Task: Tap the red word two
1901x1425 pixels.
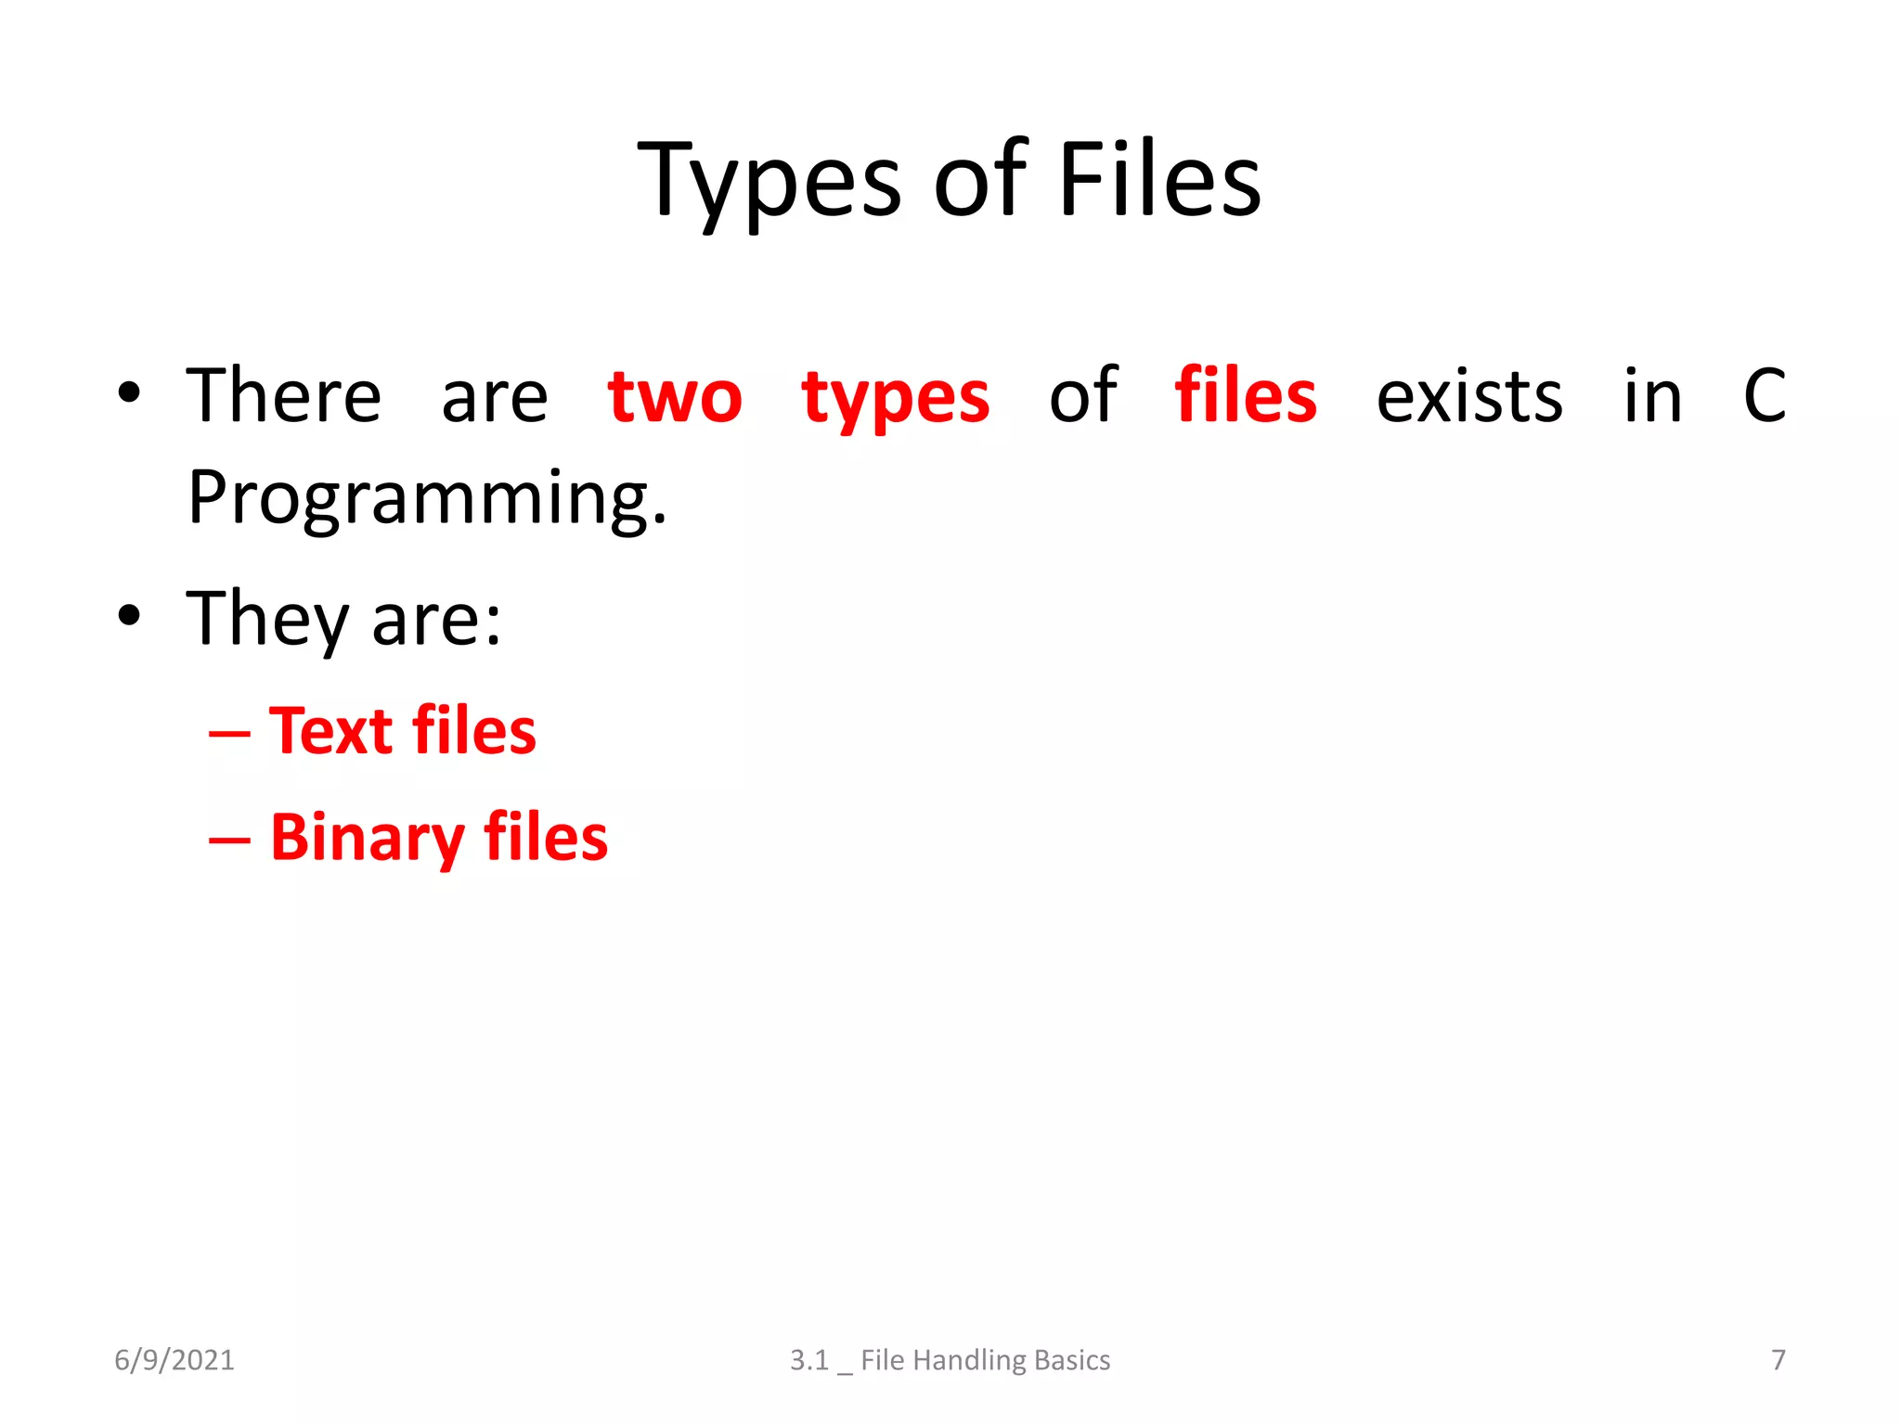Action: [x=675, y=398]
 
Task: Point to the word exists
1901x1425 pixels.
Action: [x=1469, y=398]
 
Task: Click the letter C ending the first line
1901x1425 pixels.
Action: [x=1764, y=396]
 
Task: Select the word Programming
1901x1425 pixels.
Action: [x=427, y=499]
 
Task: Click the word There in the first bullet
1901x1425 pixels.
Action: [x=284, y=396]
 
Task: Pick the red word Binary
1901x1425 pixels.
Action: [x=368, y=839]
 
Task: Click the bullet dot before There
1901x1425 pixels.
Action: [x=129, y=392]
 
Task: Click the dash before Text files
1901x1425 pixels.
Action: [x=229, y=735]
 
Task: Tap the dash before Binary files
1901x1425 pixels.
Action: [x=229, y=841]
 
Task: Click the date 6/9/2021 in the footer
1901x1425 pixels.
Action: [x=175, y=1360]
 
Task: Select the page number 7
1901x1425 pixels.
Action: [x=1778, y=1360]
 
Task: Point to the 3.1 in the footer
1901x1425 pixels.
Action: [x=808, y=1360]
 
